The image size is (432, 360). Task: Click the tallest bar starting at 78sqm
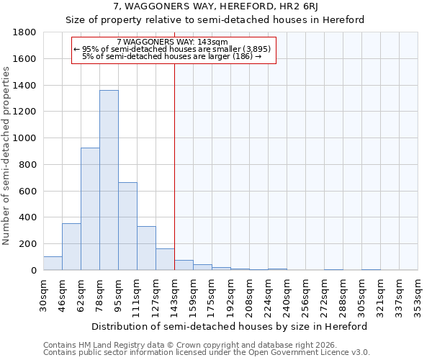tap(109, 180)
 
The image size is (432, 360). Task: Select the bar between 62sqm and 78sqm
tap(90, 209)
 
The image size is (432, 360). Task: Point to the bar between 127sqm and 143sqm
tap(165, 259)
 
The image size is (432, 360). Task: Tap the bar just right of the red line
tap(184, 265)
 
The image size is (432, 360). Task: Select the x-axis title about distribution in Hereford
tap(230, 326)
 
